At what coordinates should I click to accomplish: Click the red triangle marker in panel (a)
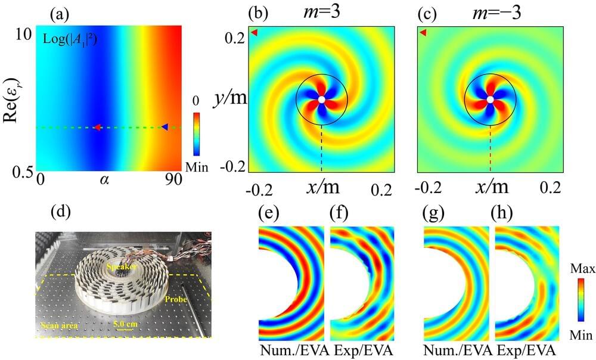(x=97, y=127)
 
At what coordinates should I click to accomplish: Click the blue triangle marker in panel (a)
(x=164, y=126)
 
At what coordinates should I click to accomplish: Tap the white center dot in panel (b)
(x=322, y=100)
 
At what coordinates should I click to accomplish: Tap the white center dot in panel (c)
(x=490, y=100)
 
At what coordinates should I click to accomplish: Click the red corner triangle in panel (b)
(x=254, y=33)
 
